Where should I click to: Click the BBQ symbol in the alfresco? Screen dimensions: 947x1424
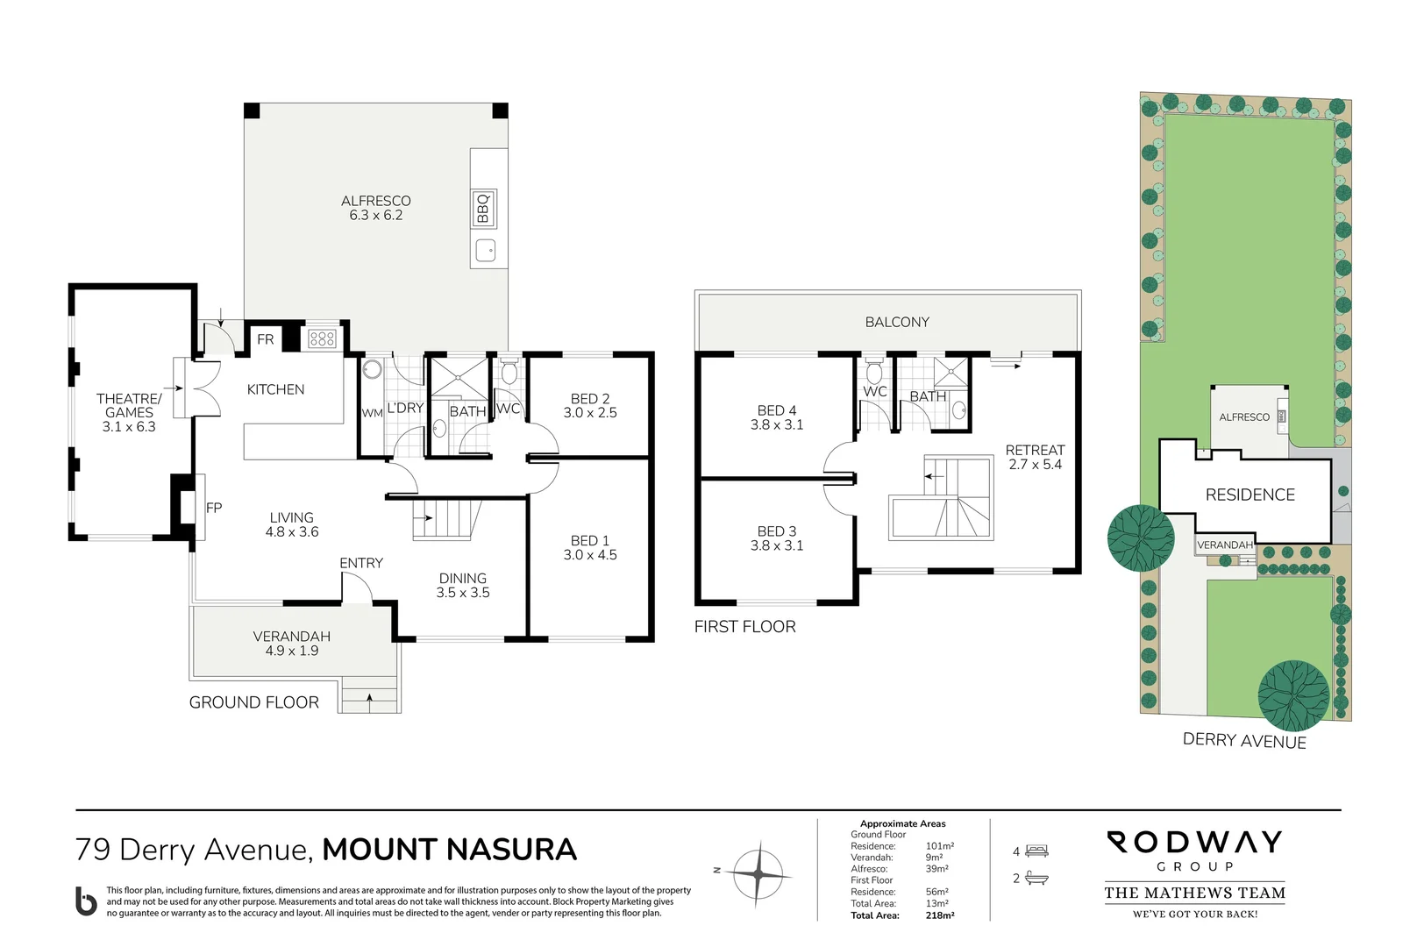[x=483, y=209]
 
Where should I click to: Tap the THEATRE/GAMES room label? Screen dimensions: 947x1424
[x=129, y=412]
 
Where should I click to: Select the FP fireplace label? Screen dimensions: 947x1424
[x=214, y=508]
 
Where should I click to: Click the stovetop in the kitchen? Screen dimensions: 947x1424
[x=322, y=338]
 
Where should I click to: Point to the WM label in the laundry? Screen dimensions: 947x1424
[x=372, y=413]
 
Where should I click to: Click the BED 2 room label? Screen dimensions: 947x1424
[x=590, y=405]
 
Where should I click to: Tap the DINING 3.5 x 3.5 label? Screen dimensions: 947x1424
[x=462, y=585]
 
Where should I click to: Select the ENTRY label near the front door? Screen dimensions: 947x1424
[x=361, y=563]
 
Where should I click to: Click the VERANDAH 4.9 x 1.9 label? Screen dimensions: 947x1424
[x=291, y=643]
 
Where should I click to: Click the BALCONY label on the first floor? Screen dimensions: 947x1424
[x=897, y=322]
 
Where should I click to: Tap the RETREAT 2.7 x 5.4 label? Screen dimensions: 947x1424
[x=1035, y=457]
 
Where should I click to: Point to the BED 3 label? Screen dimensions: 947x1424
[x=777, y=538]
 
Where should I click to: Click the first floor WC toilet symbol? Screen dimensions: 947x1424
[x=873, y=371]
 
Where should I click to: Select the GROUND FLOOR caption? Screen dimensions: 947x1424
[x=254, y=702]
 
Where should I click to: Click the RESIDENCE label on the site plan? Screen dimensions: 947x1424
[x=1250, y=495]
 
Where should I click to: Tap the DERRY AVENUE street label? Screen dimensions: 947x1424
[x=1243, y=741]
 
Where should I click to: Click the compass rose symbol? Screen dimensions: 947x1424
[x=758, y=873]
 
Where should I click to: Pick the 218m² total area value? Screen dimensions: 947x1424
[x=939, y=915]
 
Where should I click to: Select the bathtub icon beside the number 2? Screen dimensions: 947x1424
[x=1036, y=878]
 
